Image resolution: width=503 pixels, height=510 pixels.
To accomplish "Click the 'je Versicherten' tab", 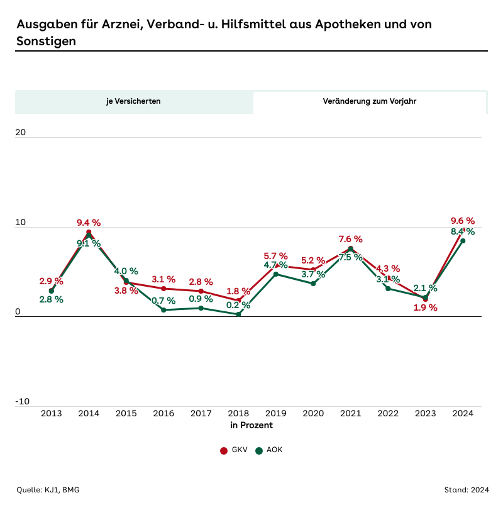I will (x=133, y=101).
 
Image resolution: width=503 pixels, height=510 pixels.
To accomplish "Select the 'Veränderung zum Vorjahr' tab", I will (x=370, y=101).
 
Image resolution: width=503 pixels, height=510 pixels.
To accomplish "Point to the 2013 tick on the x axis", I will (x=51, y=413).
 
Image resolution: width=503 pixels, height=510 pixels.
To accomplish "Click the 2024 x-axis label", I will (x=463, y=413).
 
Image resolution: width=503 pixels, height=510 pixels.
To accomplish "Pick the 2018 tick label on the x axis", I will (x=238, y=413).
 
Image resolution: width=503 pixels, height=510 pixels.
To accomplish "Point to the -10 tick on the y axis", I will (x=23, y=402).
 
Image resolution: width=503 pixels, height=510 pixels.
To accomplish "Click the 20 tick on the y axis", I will (x=21, y=133).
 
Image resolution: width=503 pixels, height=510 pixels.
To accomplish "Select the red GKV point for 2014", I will (x=89, y=232).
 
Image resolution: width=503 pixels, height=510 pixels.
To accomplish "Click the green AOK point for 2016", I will (x=163, y=310).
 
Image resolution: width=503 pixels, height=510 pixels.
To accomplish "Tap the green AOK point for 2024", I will (x=463, y=241).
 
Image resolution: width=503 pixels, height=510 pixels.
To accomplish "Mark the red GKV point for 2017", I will (x=201, y=291).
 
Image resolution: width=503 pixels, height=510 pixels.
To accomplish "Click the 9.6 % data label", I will (x=463, y=221).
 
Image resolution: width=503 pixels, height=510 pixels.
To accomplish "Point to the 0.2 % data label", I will (x=238, y=306).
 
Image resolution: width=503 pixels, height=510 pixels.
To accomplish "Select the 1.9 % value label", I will (x=425, y=308).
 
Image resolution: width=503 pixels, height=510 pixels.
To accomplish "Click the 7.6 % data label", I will (x=351, y=239).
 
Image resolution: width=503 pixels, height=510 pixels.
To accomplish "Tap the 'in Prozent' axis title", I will (x=251, y=426).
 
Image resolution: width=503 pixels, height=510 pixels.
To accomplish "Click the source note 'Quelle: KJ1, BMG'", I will (x=48, y=490).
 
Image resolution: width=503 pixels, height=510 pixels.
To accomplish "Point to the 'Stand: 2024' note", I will (x=466, y=490).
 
